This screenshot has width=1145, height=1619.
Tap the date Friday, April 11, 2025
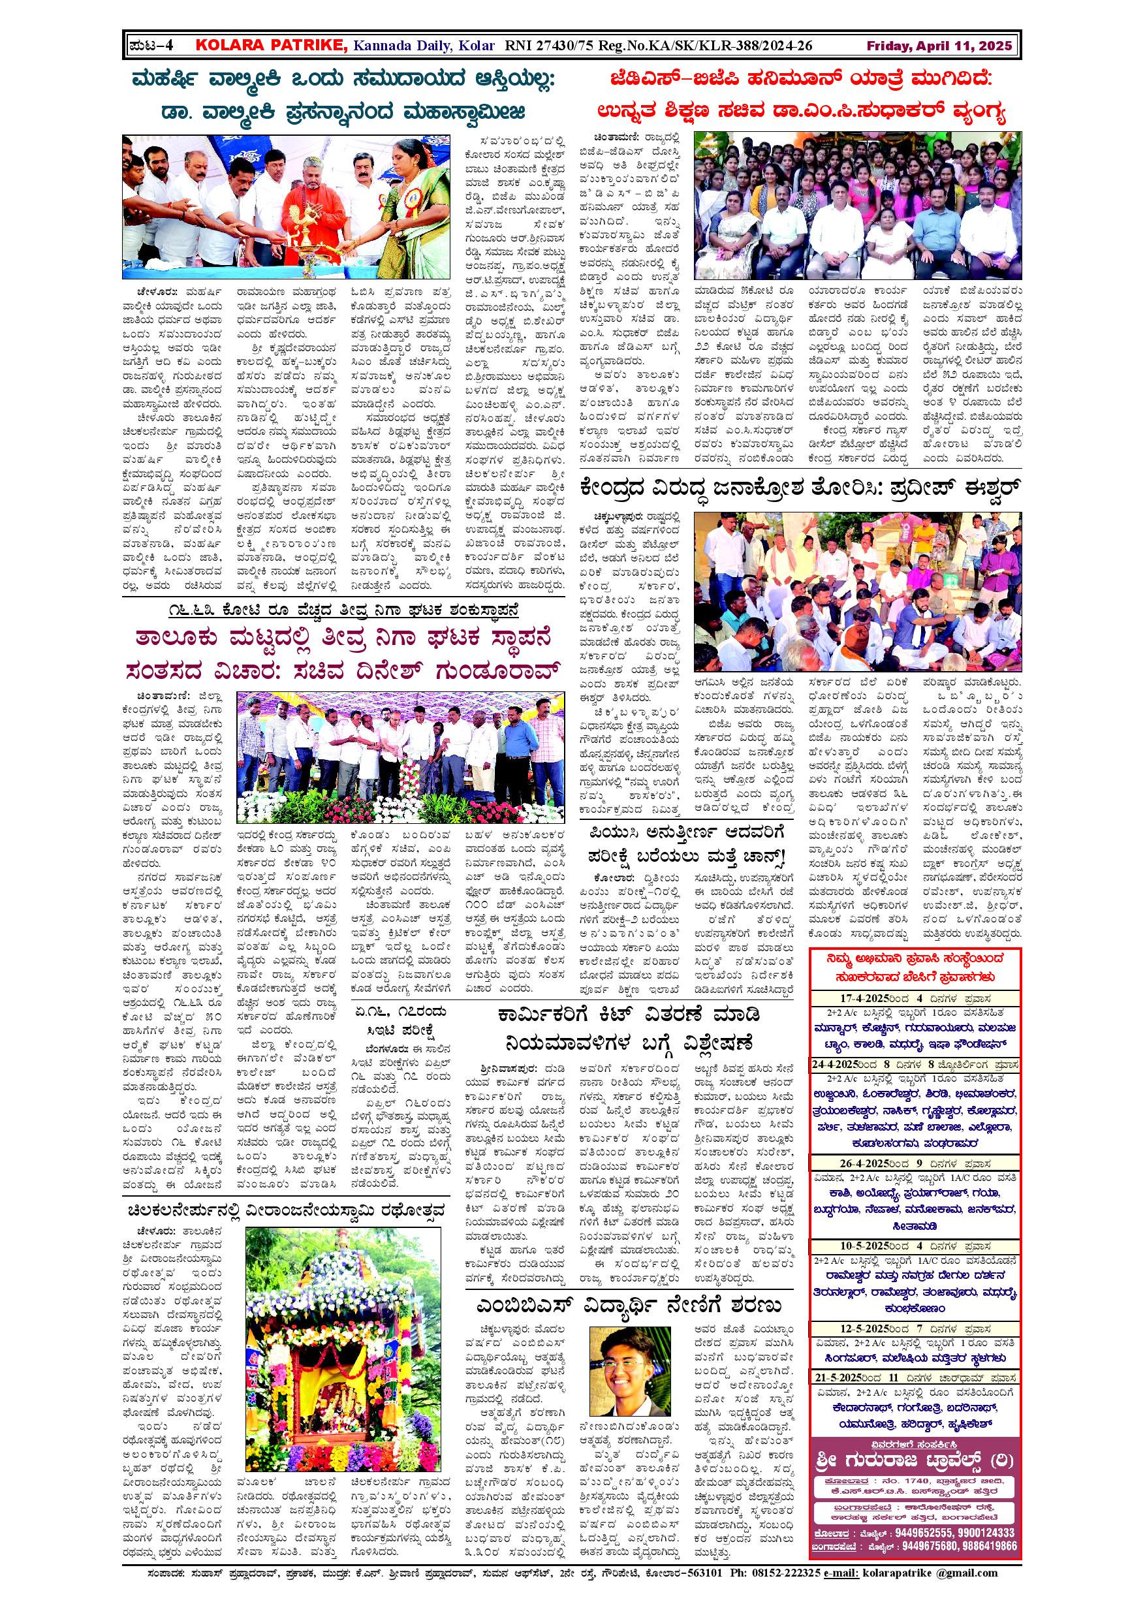(x=939, y=46)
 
